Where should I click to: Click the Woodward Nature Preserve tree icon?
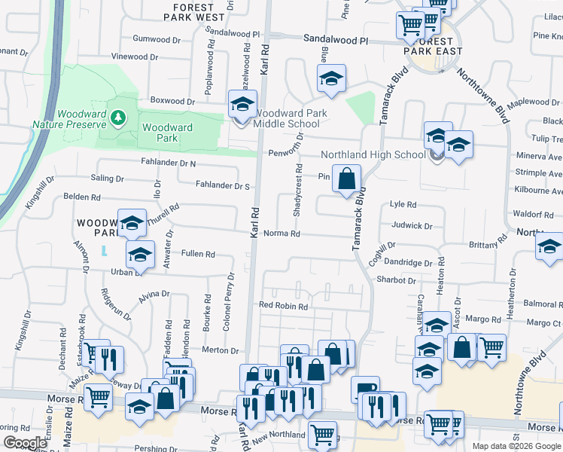pyautogui.click(x=117, y=118)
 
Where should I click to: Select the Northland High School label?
pyautogui.click(x=373, y=154)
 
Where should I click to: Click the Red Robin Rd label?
pyautogui.click(x=283, y=307)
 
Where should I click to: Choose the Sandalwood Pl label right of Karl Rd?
pyautogui.click(x=335, y=38)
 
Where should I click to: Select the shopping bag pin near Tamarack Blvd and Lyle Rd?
pyautogui.click(x=346, y=180)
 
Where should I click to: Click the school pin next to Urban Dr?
pyautogui.click(x=140, y=255)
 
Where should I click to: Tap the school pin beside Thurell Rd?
pyautogui.click(x=132, y=223)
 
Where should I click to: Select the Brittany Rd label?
pyautogui.click(x=487, y=245)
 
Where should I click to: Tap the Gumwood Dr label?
pyautogui.click(x=152, y=38)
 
